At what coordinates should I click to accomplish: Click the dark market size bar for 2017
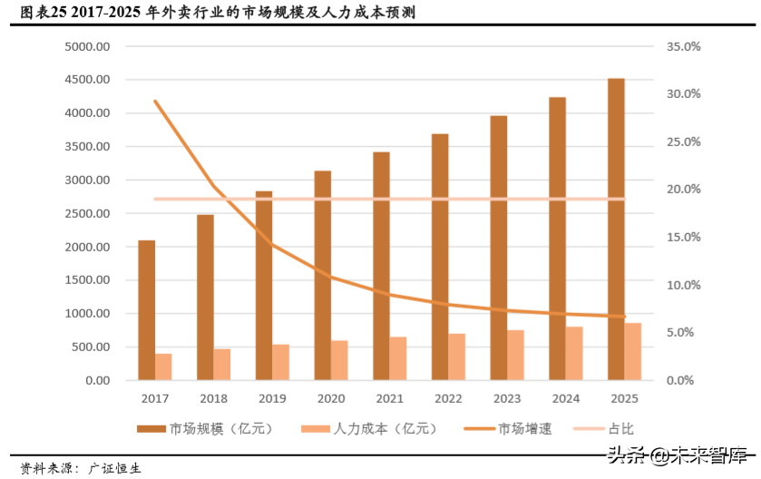coord(146,310)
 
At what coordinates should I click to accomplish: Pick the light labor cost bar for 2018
coord(222,365)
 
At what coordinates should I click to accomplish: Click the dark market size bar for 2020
coord(322,275)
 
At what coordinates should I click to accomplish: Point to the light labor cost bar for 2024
coord(574,353)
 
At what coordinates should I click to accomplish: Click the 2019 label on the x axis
coord(271,398)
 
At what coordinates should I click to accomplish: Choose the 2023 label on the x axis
coord(505,398)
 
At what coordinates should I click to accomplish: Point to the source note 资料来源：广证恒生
coord(82,468)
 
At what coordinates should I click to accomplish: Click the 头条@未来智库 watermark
coord(677,455)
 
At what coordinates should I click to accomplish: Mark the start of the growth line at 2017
coord(155,101)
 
